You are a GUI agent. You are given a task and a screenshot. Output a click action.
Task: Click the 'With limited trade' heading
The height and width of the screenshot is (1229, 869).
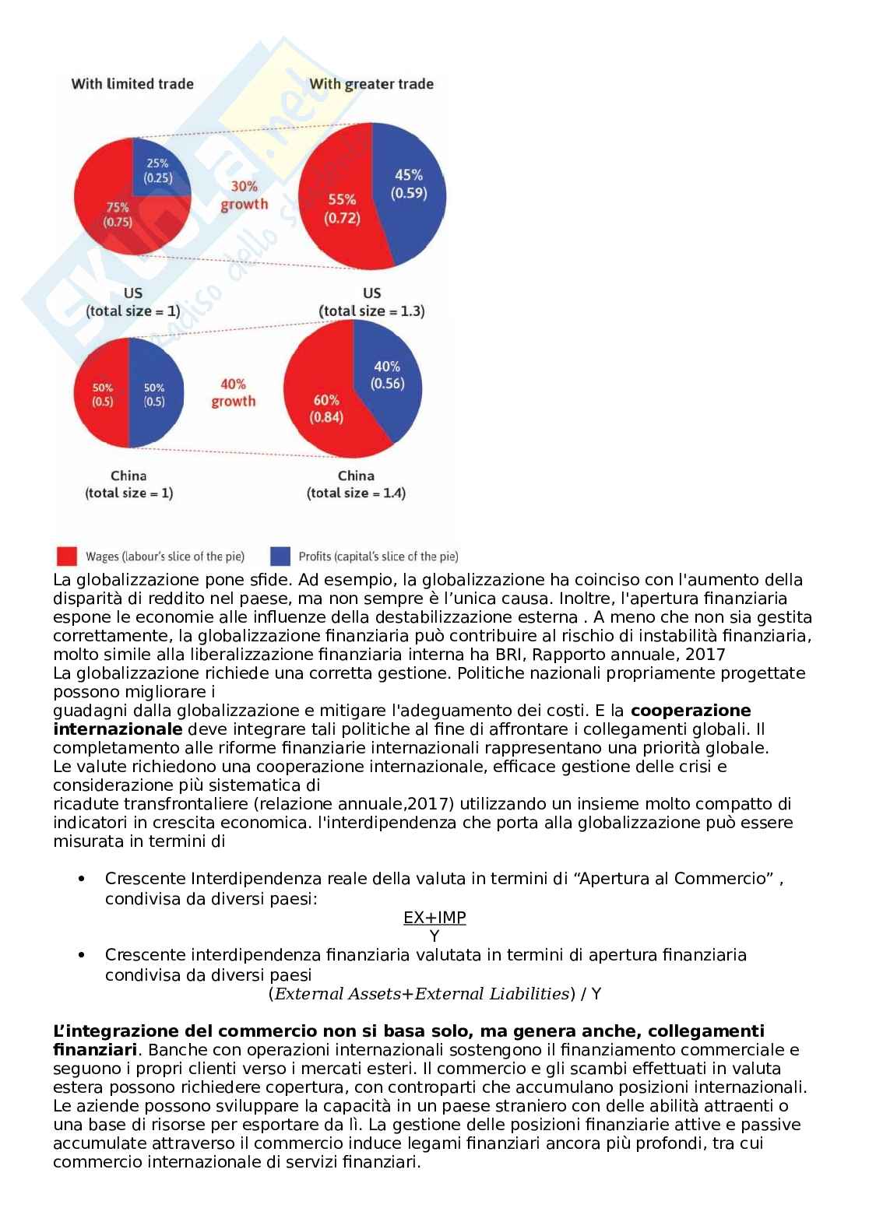tap(132, 84)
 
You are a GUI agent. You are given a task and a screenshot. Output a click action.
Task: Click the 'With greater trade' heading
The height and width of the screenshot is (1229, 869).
tap(371, 84)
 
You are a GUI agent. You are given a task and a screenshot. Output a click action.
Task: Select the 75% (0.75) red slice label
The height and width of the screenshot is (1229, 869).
tap(118, 214)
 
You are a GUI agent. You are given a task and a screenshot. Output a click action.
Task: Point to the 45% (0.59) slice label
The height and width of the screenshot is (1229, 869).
tap(409, 184)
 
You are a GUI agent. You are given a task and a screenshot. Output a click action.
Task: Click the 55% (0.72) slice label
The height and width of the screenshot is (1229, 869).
tap(342, 209)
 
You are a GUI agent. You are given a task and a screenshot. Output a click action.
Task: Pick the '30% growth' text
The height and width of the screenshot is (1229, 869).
tap(244, 195)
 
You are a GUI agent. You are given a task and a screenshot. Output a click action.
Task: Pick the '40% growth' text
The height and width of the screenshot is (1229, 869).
tap(233, 392)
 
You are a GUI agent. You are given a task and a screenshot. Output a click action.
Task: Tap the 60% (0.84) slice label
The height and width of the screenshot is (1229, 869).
tap(326, 408)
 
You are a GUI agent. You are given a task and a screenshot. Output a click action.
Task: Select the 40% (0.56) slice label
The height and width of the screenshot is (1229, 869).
tap(387, 374)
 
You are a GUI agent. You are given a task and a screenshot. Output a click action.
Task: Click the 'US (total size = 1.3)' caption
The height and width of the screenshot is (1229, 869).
tap(371, 302)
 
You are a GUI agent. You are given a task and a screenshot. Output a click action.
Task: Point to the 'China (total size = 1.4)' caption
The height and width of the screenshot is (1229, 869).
tap(356, 484)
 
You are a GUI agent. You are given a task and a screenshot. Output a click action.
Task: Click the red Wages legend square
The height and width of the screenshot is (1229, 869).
tap(67, 556)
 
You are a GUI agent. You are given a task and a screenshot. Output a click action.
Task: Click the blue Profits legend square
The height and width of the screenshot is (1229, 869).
tap(280, 556)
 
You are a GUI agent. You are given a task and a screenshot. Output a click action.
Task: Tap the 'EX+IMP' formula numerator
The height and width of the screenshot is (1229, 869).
tap(434, 918)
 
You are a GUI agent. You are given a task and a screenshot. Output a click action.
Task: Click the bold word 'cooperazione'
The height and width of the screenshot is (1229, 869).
tap(691, 711)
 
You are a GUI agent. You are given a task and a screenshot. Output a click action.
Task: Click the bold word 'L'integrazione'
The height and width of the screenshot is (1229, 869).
tap(107, 1032)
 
